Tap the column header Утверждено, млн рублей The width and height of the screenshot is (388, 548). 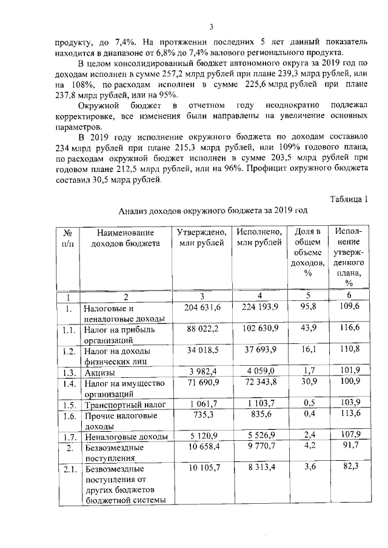[202, 237]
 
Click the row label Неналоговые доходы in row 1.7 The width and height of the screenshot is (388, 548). [118, 436]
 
